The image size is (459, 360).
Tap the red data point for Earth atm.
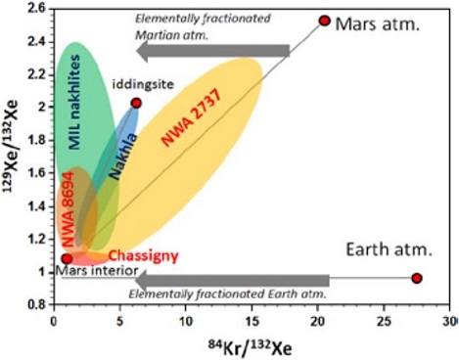pyautogui.click(x=417, y=278)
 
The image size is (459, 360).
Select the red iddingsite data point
pyautogui.click(x=136, y=103)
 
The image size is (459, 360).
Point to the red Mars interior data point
pyautogui.click(x=67, y=258)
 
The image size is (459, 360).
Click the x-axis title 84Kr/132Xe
pyautogui.click(x=250, y=345)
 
